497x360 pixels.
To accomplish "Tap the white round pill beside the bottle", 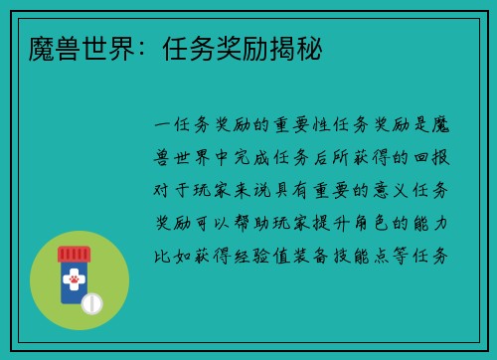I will tap(91, 301).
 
